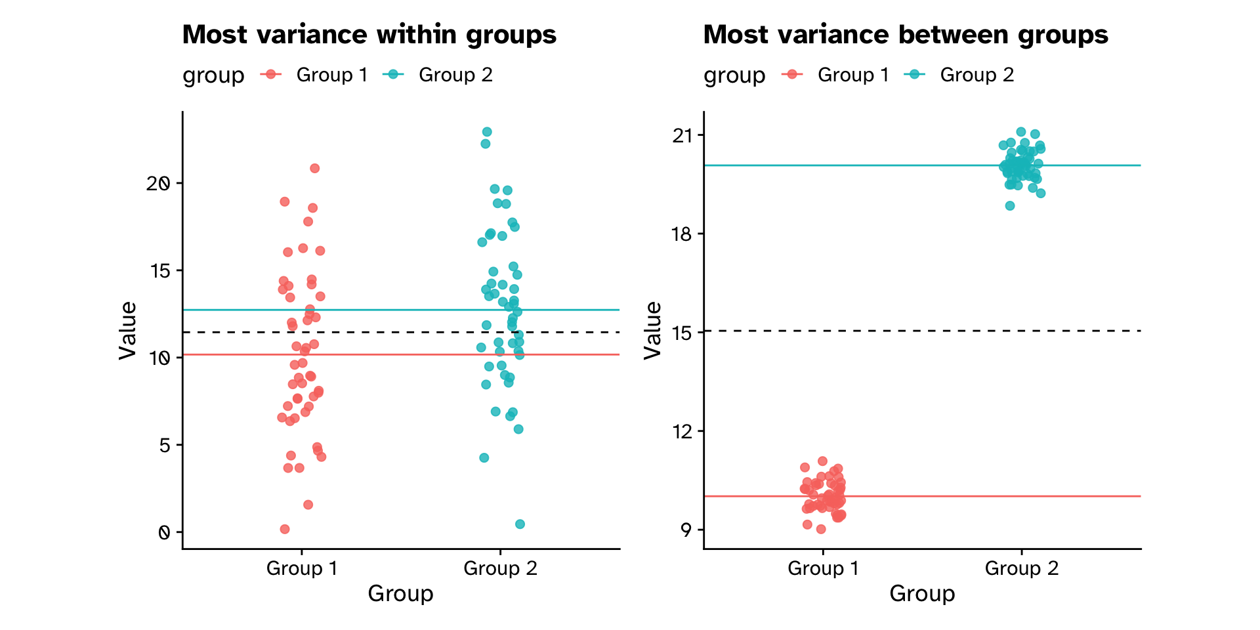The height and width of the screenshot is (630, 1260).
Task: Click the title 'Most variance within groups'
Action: [x=369, y=35]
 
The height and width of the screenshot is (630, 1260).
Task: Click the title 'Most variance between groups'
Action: [x=906, y=35]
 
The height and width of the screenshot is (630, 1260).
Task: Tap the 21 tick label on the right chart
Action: [x=682, y=136]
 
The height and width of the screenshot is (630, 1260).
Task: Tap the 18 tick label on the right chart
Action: [x=682, y=234]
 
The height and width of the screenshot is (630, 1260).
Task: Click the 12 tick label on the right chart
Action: [x=682, y=431]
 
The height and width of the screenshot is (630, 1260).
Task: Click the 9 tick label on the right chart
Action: [x=686, y=530]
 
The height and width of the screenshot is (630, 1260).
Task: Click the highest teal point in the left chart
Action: [x=487, y=132]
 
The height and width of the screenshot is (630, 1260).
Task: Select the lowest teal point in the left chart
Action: [x=520, y=524]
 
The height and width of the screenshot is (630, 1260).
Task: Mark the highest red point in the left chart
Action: [x=314, y=169]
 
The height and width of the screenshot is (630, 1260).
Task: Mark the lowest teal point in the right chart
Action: [x=1010, y=206]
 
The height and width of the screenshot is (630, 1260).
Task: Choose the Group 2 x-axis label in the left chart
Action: [x=500, y=568]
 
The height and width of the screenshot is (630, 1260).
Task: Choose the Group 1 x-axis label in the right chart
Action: [x=823, y=568]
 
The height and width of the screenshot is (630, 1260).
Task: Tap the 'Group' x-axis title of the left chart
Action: [x=400, y=593]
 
